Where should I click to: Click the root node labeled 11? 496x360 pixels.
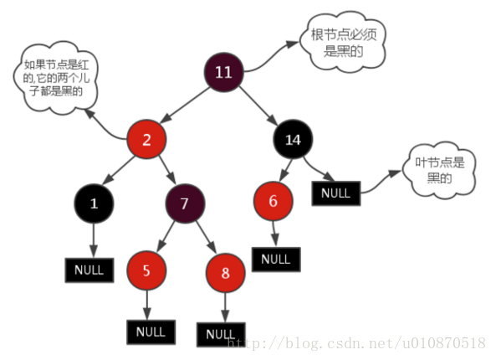(x=223, y=72)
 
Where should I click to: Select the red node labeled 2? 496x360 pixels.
(x=146, y=140)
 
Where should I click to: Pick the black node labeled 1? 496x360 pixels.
(x=93, y=203)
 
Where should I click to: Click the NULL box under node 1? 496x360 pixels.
(x=88, y=270)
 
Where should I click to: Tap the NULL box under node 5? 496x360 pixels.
(x=151, y=331)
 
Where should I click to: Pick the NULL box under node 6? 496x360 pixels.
(x=276, y=259)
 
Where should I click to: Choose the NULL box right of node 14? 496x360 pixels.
(x=335, y=193)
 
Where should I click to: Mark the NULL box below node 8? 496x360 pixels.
(x=220, y=333)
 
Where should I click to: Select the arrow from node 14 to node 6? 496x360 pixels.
(x=282, y=172)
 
